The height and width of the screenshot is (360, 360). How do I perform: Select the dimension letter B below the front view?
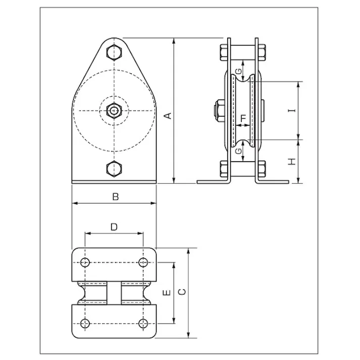click(x=115, y=197)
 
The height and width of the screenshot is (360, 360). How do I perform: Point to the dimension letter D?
click(x=114, y=227)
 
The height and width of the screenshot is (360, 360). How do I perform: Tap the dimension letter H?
click(x=291, y=162)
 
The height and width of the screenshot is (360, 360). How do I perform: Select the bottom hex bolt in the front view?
click(x=115, y=168)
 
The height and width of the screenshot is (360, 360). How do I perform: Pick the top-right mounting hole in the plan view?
click(x=143, y=263)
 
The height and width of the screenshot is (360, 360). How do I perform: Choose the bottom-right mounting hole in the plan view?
click(x=143, y=323)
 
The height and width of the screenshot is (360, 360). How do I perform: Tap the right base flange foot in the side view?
click(x=273, y=181)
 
